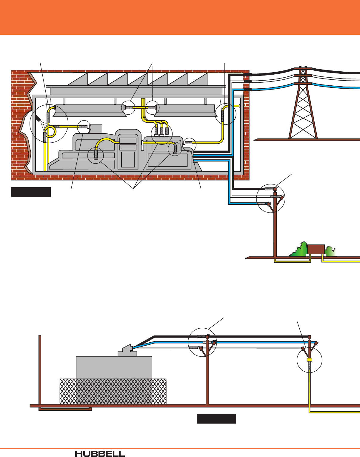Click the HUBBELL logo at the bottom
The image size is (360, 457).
click(x=100, y=454)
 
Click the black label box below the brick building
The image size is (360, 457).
click(x=31, y=192)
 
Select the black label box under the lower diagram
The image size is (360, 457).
click(x=216, y=419)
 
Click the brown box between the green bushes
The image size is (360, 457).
click(x=316, y=250)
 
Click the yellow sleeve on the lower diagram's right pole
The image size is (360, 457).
click(x=309, y=360)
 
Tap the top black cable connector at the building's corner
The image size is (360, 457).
click(x=247, y=75)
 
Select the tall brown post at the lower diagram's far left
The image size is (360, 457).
click(x=40, y=370)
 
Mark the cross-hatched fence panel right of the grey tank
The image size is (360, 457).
click(x=159, y=391)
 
